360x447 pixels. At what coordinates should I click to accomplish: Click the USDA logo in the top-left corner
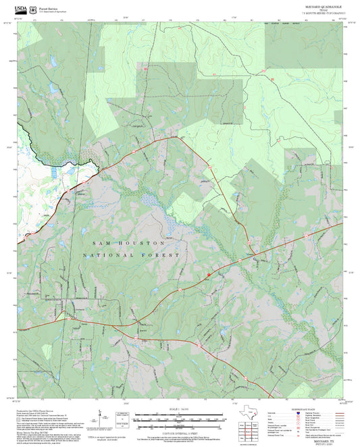(x=21, y=9)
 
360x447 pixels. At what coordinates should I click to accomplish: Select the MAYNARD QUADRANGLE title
(x=317, y=6)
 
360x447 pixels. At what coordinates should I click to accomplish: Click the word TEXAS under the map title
(x=317, y=9)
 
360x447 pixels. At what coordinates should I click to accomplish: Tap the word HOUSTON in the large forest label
(x=143, y=242)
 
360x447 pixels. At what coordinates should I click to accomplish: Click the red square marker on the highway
(x=209, y=275)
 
